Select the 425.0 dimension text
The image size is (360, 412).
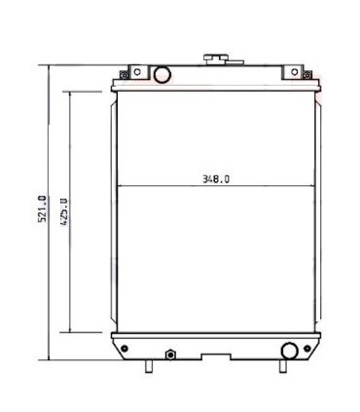pos(65,210)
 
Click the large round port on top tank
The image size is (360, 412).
pos(162,74)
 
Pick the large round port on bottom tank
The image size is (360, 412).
pos(288,351)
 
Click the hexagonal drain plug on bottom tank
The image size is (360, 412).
pos(168,353)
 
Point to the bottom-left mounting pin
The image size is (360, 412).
pos(150,366)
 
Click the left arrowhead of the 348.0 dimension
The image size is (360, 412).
pos(119,186)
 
